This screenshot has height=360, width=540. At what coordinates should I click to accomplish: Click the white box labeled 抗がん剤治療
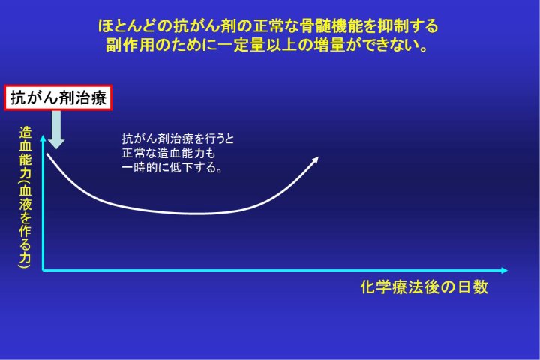[58, 97]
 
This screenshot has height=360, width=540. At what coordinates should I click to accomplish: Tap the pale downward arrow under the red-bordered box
[56, 130]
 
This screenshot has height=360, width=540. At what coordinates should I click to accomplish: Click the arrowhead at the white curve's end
[315, 160]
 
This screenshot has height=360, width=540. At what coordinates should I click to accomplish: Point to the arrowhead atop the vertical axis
[43, 138]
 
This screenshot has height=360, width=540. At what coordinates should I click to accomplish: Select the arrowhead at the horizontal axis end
[505, 271]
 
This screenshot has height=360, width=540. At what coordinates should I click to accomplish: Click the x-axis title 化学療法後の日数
[424, 287]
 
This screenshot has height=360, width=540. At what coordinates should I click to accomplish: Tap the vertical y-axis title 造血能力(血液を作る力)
[25, 198]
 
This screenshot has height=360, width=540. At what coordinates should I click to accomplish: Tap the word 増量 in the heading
[329, 45]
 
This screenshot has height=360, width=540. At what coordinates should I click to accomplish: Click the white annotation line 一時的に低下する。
[172, 168]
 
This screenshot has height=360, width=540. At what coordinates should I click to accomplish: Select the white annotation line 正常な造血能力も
[169, 153]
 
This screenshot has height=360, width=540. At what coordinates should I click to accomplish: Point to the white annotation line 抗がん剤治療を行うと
[178, 139]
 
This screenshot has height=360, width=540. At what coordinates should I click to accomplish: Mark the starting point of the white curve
[47, 154]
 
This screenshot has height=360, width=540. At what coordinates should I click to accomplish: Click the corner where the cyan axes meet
[43, 271]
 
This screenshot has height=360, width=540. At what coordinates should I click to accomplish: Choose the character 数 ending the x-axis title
[481, 287]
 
